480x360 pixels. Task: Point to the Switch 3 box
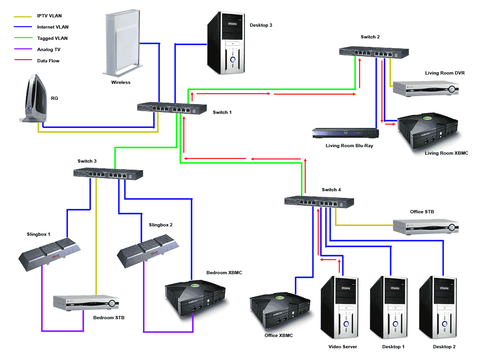[x=108, y=173]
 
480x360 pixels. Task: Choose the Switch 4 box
[x=319, y=202]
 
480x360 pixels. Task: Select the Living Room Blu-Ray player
[x=345, y=134]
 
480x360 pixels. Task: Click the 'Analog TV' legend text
[x=49, y=50]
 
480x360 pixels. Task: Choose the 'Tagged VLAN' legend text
[x=52, y=38]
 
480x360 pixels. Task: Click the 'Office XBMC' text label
[x=278, y=336]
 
